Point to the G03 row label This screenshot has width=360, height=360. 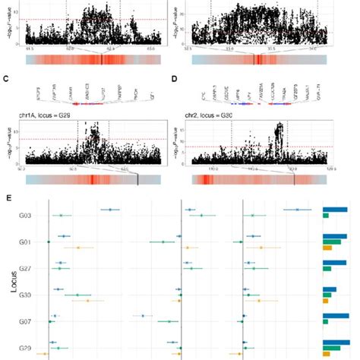tap(25, 216)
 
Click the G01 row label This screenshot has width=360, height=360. tap(25, 242)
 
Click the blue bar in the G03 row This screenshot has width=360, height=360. tap(335, 210)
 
